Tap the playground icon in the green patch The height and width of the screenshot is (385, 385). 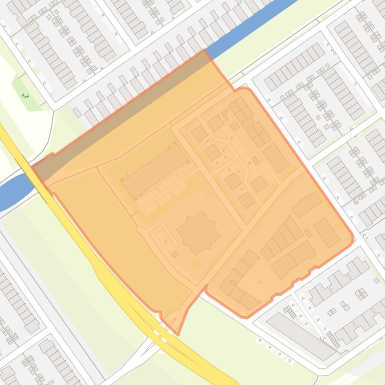point(25,95)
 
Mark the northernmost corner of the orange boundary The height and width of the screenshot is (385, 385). point(204,50)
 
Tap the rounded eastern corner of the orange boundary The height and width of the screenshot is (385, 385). point(352,239)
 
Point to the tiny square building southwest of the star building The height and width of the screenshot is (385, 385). point(175,254)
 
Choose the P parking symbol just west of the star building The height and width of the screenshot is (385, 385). point(166,242)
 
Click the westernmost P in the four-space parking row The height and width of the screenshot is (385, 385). point(260,341)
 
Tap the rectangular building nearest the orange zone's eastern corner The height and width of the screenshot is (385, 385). point(327,233)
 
